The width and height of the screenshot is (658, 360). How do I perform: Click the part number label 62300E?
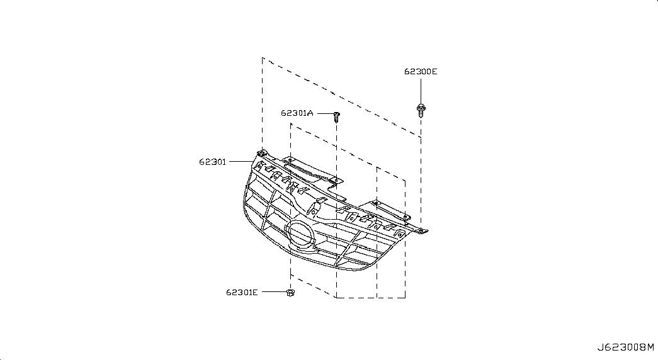click(421, 72)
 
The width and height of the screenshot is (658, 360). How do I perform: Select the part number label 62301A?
click(297, 113)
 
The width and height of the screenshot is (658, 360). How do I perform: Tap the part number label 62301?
click(213, 162)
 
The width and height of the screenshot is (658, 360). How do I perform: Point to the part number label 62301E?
click(242, 293)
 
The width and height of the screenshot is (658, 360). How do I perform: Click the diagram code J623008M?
click(626, 347)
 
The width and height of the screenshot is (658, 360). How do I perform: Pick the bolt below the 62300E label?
click(421, 110)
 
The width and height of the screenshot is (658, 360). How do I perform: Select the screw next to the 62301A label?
click(336, 116)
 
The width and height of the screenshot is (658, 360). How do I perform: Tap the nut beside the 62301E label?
click(290, 293)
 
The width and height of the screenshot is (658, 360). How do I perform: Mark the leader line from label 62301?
click(241, 162)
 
